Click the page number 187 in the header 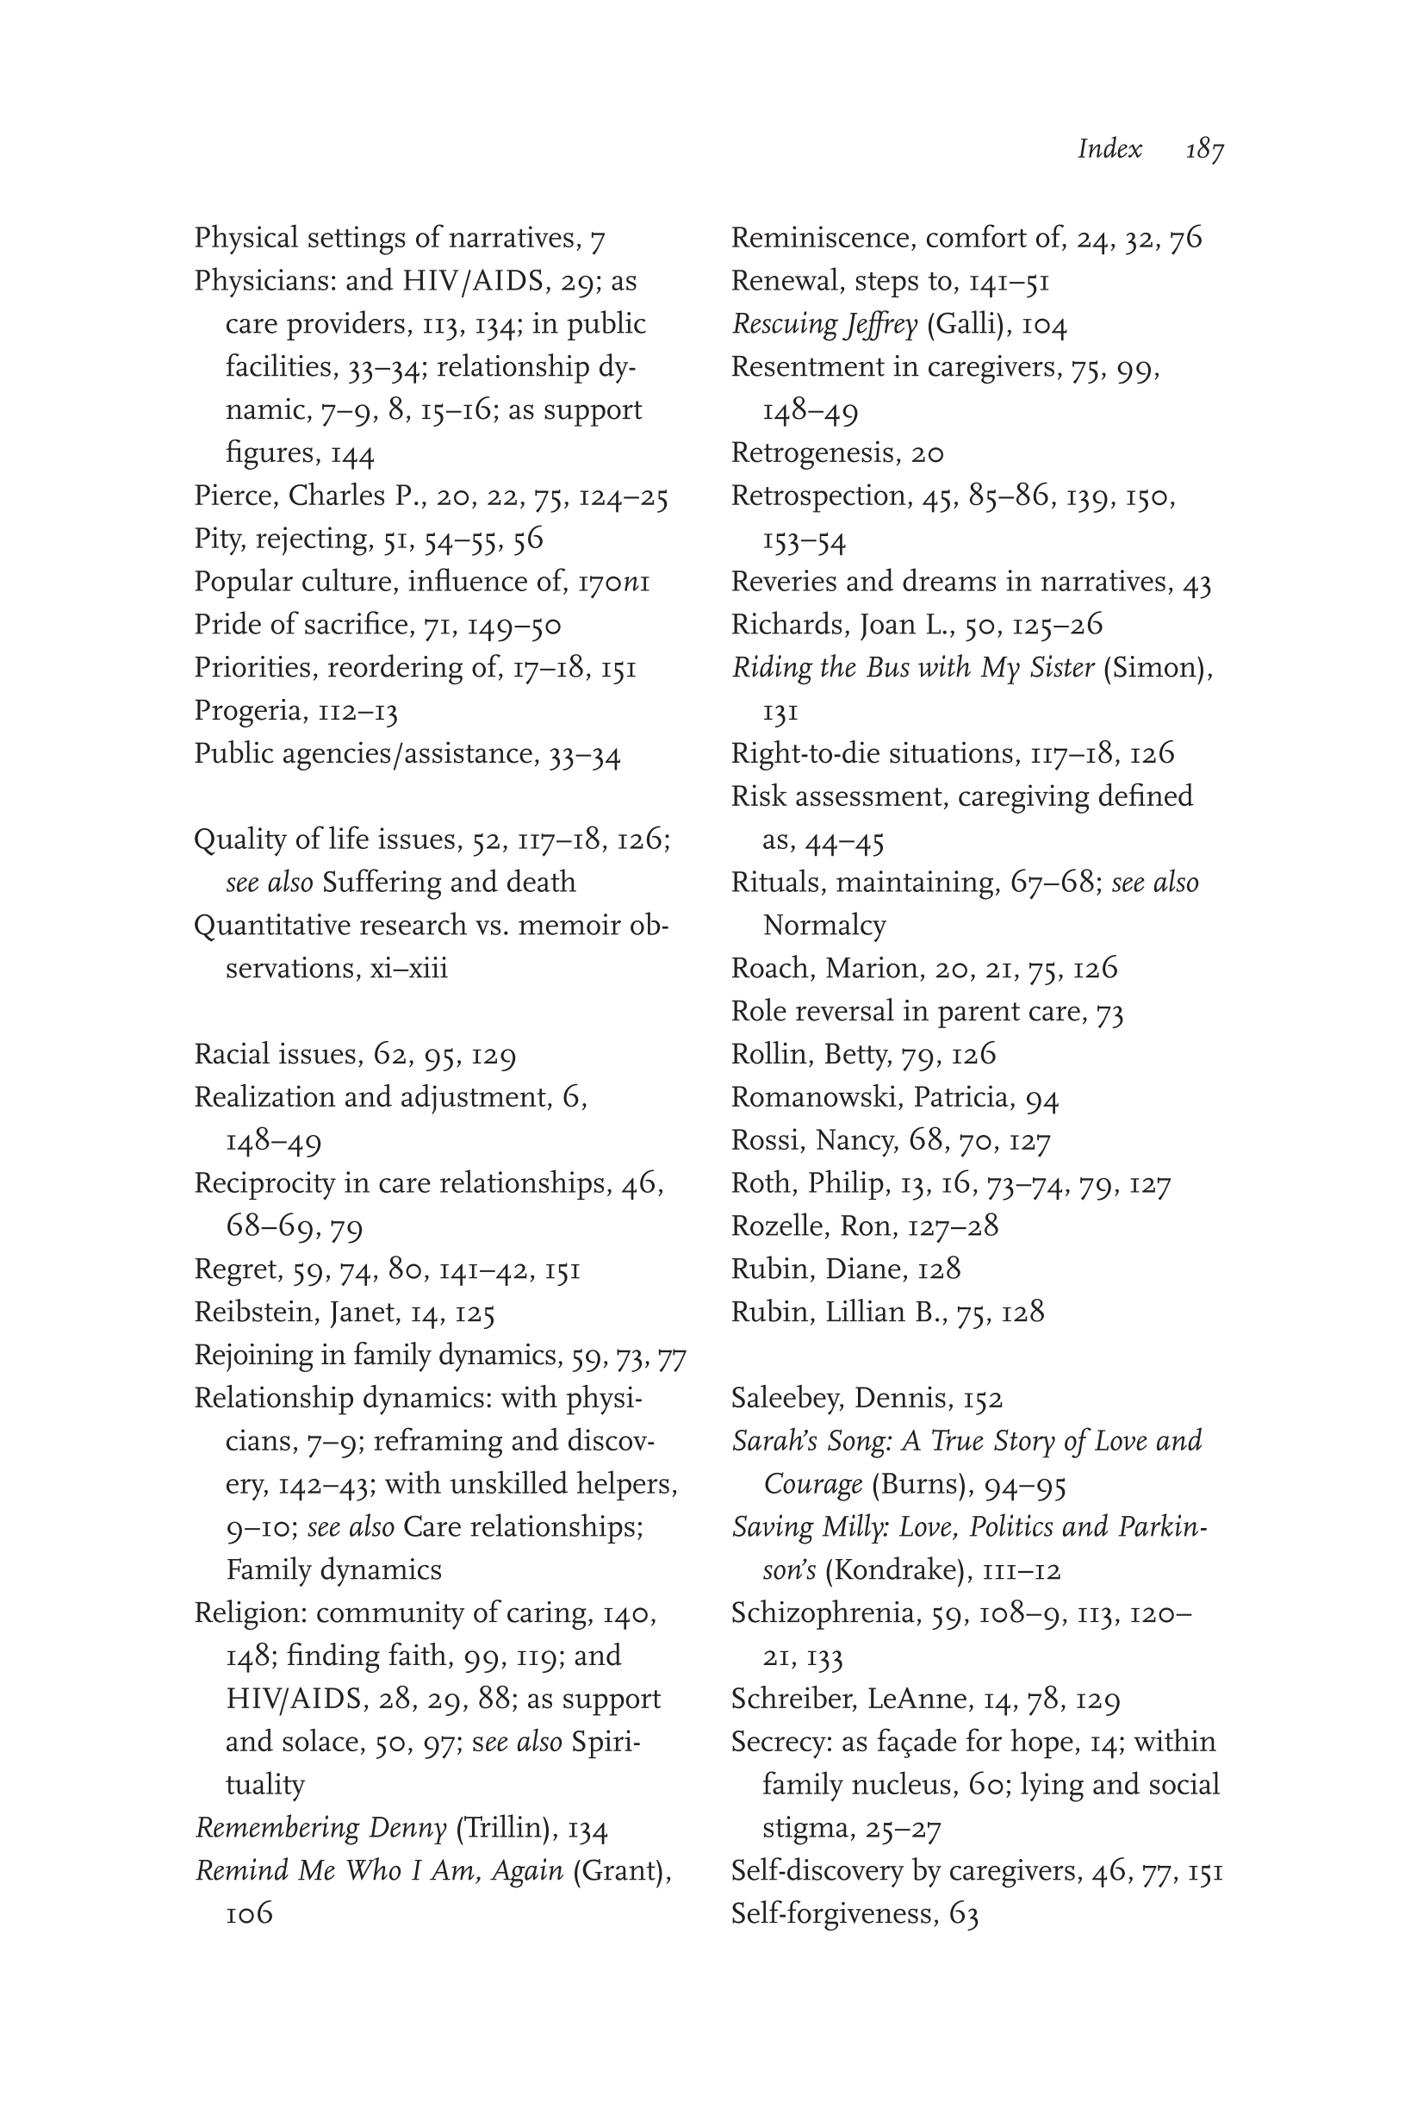click(1204, 148)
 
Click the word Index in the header click(1109, 148)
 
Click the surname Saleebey click(785, 1399)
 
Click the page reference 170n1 click(613, 582)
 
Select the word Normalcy click(824, 926)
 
